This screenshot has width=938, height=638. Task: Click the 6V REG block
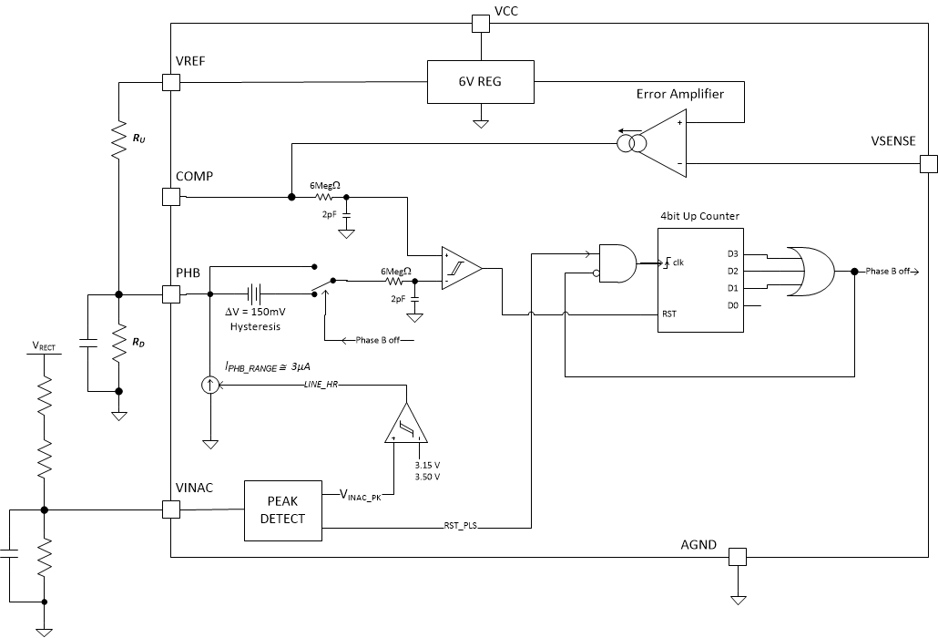click(x=479, y=82)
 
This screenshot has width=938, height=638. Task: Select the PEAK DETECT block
click(x=282, y=509)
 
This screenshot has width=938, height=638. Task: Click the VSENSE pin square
click(x=927, y=165)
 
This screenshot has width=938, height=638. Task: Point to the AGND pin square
click(x=737, y=556)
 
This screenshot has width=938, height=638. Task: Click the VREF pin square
click(x=170, y=82)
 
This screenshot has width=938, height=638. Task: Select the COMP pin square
click(x=170, y=196)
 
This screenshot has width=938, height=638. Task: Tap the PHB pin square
click(x=170, y=294)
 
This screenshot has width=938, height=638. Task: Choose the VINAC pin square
click(x=170, y=509)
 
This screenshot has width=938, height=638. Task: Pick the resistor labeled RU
click(x=118, y=141)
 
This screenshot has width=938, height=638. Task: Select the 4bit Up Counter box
click(x=700, y=282)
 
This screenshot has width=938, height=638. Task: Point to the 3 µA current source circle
click(x=210, y=385)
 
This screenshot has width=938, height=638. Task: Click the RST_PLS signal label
click(x=460, y=527)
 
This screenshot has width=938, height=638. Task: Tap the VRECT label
click(x=43, y=346)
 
